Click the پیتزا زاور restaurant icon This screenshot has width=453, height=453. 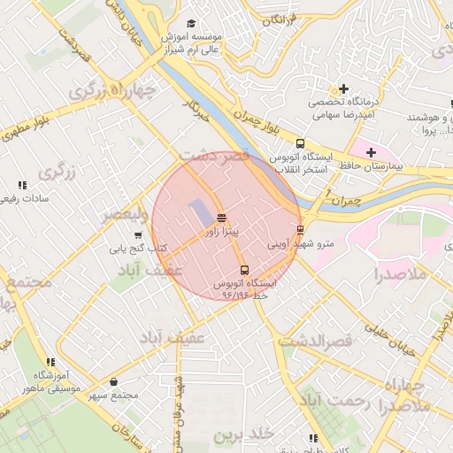point(221,218)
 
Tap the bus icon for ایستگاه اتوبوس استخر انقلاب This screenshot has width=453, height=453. point(301,143)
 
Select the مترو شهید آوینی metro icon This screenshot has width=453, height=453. point(301,230)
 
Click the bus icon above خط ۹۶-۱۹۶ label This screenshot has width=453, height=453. point(244,270)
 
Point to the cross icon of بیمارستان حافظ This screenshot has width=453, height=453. point(371,152)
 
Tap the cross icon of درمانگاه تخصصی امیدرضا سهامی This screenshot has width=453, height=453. point(343,89)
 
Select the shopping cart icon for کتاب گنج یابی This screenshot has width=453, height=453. point(138,235)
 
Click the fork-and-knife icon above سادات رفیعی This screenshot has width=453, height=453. point(22,185)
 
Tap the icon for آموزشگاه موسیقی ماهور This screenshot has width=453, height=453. point(50,362)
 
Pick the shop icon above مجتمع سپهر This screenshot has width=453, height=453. point(114,381)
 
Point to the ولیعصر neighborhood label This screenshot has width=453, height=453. point(118,214)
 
